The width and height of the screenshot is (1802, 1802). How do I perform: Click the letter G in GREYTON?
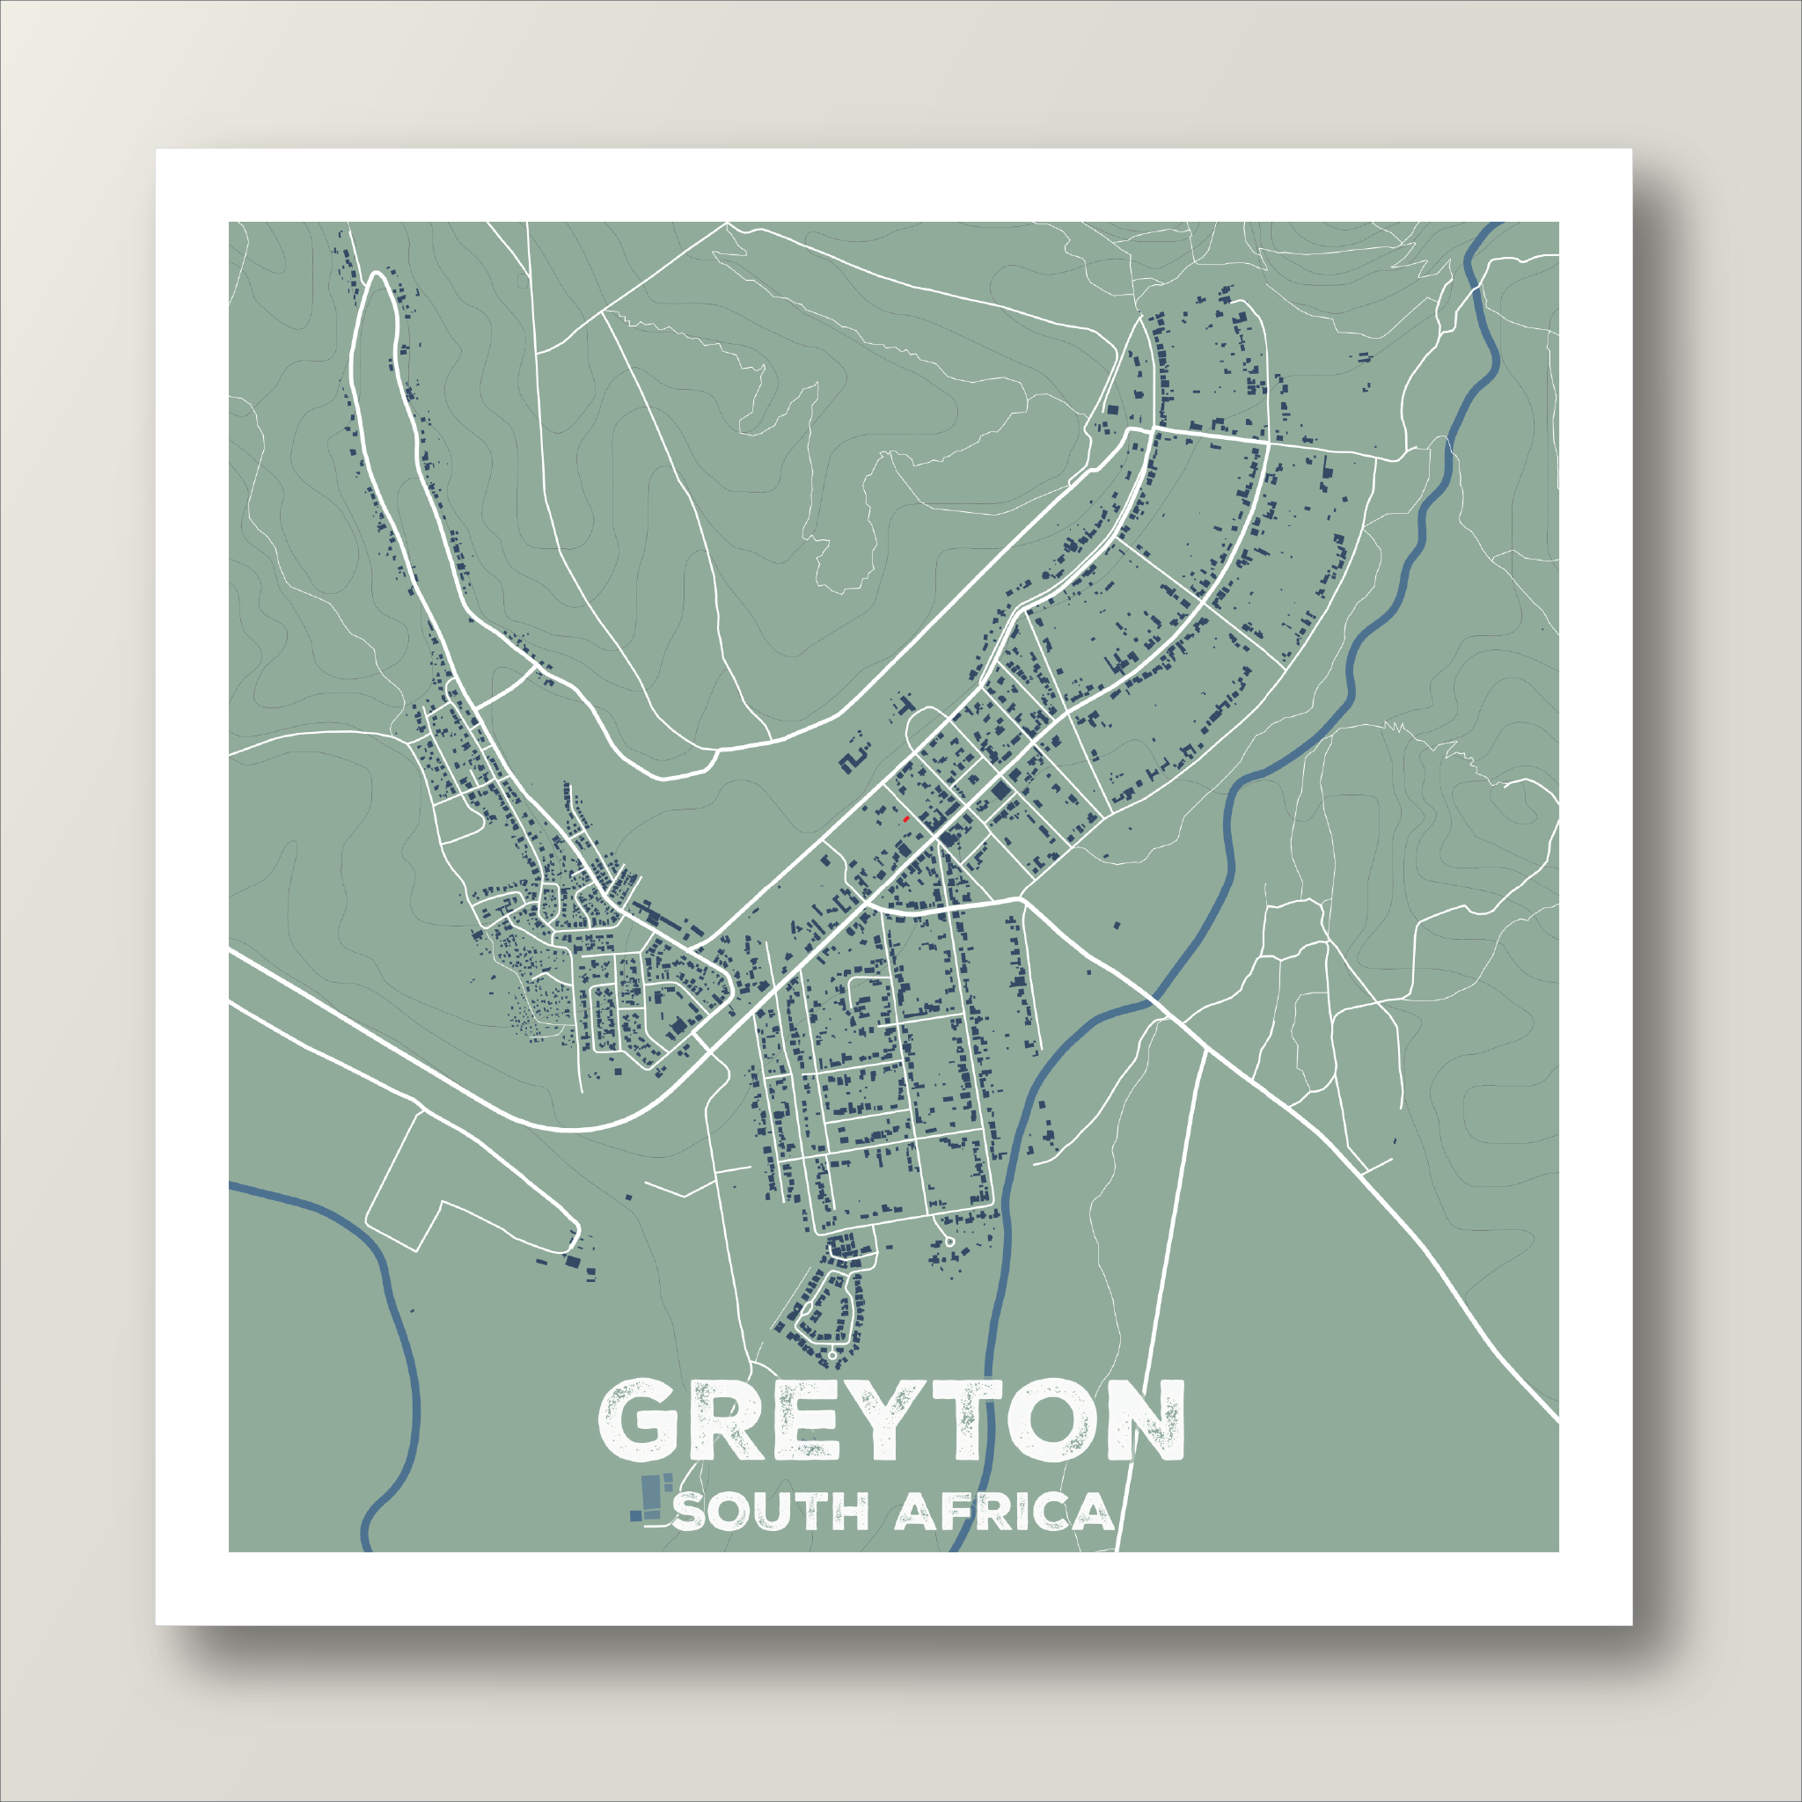pos(637,1420)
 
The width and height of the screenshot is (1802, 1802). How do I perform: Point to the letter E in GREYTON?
pos(806,1420)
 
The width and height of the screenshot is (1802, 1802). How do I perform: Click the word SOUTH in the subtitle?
pos(771,1512)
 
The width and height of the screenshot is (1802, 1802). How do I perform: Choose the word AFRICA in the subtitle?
pos(1004,1512)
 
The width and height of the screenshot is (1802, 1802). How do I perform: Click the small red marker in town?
pos(905,819)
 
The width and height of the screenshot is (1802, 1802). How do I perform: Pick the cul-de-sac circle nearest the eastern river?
pos(949,1242)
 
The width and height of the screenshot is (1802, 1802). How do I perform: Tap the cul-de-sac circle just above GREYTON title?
pos(833,1353)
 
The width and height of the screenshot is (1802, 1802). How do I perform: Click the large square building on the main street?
pos(1000,791)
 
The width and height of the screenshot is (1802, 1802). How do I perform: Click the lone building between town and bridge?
pos(1117,927)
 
